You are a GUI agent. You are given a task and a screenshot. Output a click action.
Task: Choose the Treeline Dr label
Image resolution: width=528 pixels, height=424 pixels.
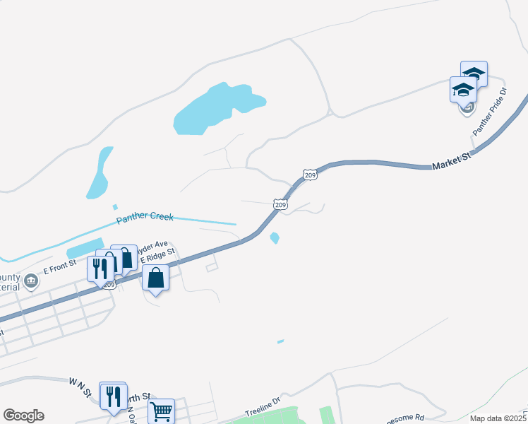coord(263,408)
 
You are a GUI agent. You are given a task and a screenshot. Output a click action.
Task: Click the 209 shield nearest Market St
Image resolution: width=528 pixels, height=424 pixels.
coord(309,174)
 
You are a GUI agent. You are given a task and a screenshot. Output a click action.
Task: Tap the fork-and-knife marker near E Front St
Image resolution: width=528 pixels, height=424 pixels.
coord(100,269)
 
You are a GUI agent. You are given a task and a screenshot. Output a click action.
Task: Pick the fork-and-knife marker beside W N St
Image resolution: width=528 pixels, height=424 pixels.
coord(112,397)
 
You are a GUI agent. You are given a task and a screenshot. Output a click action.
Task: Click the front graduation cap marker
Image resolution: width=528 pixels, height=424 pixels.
coord(463,89)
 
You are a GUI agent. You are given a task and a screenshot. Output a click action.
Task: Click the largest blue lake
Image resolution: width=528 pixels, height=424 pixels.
coord(215,109)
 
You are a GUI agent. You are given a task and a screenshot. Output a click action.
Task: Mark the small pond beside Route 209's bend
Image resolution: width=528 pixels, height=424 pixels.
coord(275,238)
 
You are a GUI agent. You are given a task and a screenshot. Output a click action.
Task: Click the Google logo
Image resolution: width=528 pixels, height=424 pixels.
coord(23,416)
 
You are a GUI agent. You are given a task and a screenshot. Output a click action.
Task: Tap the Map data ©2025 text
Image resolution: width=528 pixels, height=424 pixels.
coord(498,418)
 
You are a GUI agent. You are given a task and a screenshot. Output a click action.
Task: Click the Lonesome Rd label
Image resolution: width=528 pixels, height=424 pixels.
coord(409,418)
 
